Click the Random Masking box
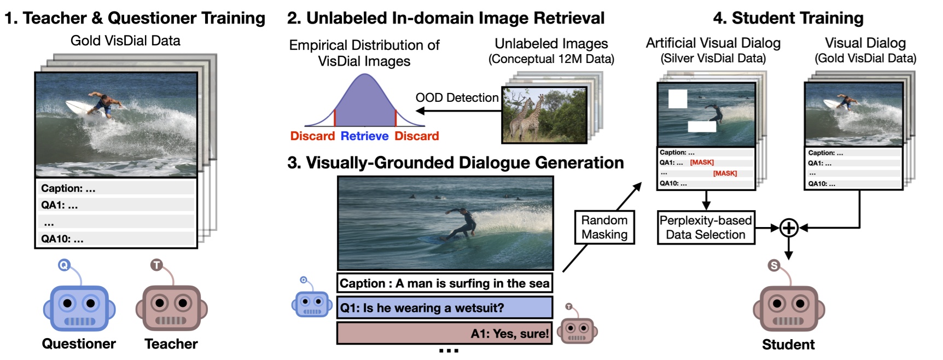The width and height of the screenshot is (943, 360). (x=604, y=227)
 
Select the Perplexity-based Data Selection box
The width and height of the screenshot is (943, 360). (x=706, y=227)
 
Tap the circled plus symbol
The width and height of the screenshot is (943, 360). (x=789, y=228)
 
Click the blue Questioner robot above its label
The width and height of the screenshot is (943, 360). (x=79, y=306)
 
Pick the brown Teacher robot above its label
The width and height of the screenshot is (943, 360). (x=171, y=306)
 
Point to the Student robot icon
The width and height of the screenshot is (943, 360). (x=789, y=306)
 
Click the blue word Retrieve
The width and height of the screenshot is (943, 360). (x=364, y=136)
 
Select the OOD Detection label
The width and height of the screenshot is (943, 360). (x=457, y=98)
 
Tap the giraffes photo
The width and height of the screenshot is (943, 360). (x=544, y=115)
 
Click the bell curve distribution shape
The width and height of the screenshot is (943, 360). (x=365, y=104)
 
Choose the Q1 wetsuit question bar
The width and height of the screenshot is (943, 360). (x=444, y=307)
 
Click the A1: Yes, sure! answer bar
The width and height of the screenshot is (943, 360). (x=444, y=333)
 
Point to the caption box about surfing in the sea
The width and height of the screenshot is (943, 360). (x=444, y=283)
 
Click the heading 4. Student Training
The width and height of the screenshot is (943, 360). (x=788, y=18)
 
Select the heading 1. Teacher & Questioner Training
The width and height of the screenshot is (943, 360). (x=135, y=18)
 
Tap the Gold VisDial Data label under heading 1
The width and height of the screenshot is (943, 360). (x=125, y=40)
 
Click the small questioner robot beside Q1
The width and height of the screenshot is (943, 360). (x=311, y=301)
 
